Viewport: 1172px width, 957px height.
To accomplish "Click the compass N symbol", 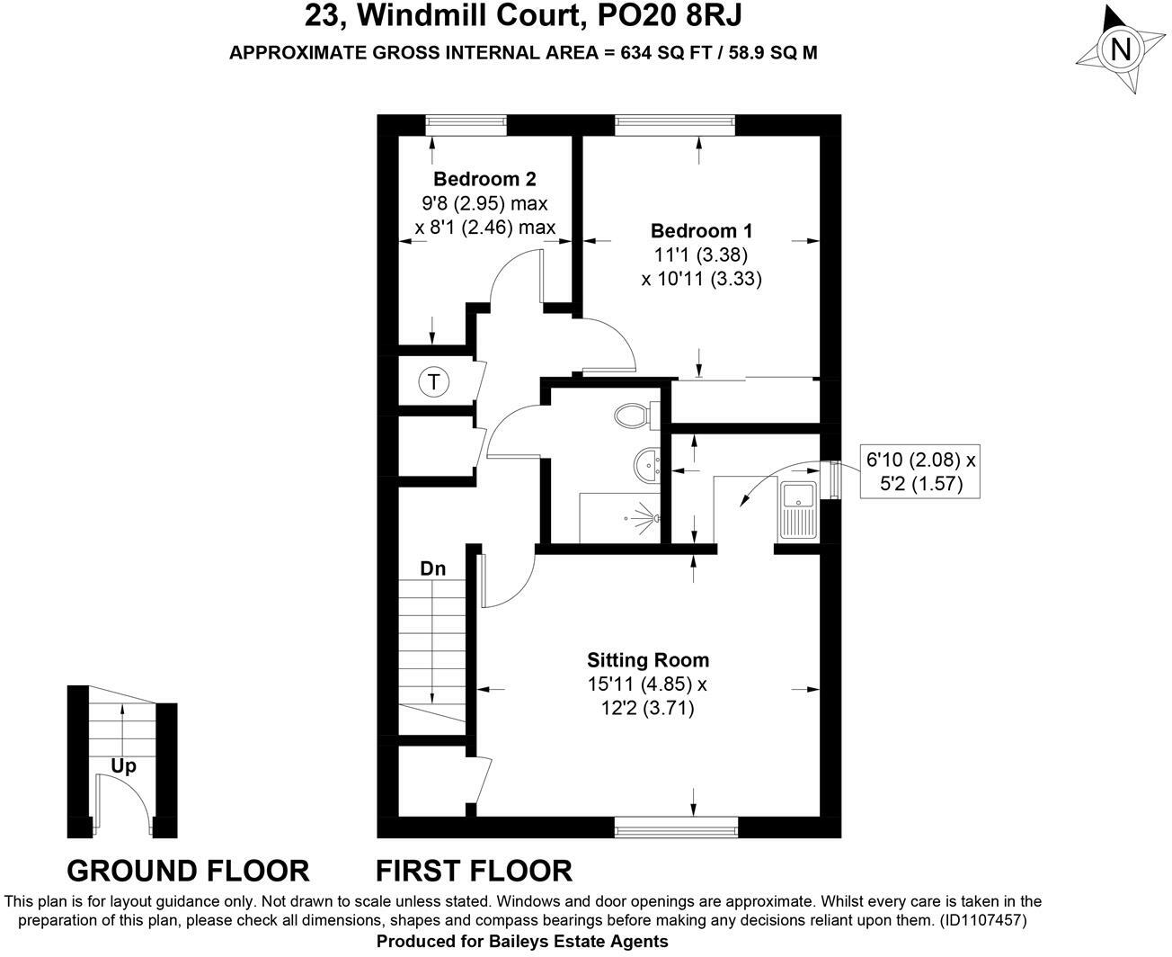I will [1121, 49].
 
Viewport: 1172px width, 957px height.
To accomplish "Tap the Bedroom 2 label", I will [484, 178].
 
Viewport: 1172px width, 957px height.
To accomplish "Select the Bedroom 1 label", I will [701, 230].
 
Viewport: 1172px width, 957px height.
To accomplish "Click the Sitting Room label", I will [647, 660].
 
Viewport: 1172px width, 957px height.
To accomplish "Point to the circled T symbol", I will [434, 382].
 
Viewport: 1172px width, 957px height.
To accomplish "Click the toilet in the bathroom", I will [633, 416].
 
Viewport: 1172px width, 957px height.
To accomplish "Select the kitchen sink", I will [797, 510].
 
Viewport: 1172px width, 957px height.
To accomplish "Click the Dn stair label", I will [433, 569].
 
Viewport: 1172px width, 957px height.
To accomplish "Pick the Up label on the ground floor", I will [123, 767].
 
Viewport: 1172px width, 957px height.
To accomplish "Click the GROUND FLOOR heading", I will [188, 871].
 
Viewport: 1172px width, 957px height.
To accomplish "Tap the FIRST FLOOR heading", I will [473, 871].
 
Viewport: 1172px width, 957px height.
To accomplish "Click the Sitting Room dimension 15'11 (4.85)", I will [647, 684].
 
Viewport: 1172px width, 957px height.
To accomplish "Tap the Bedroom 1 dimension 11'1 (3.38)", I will [701, 255].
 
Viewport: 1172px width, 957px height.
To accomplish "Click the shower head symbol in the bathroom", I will [644, 516].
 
